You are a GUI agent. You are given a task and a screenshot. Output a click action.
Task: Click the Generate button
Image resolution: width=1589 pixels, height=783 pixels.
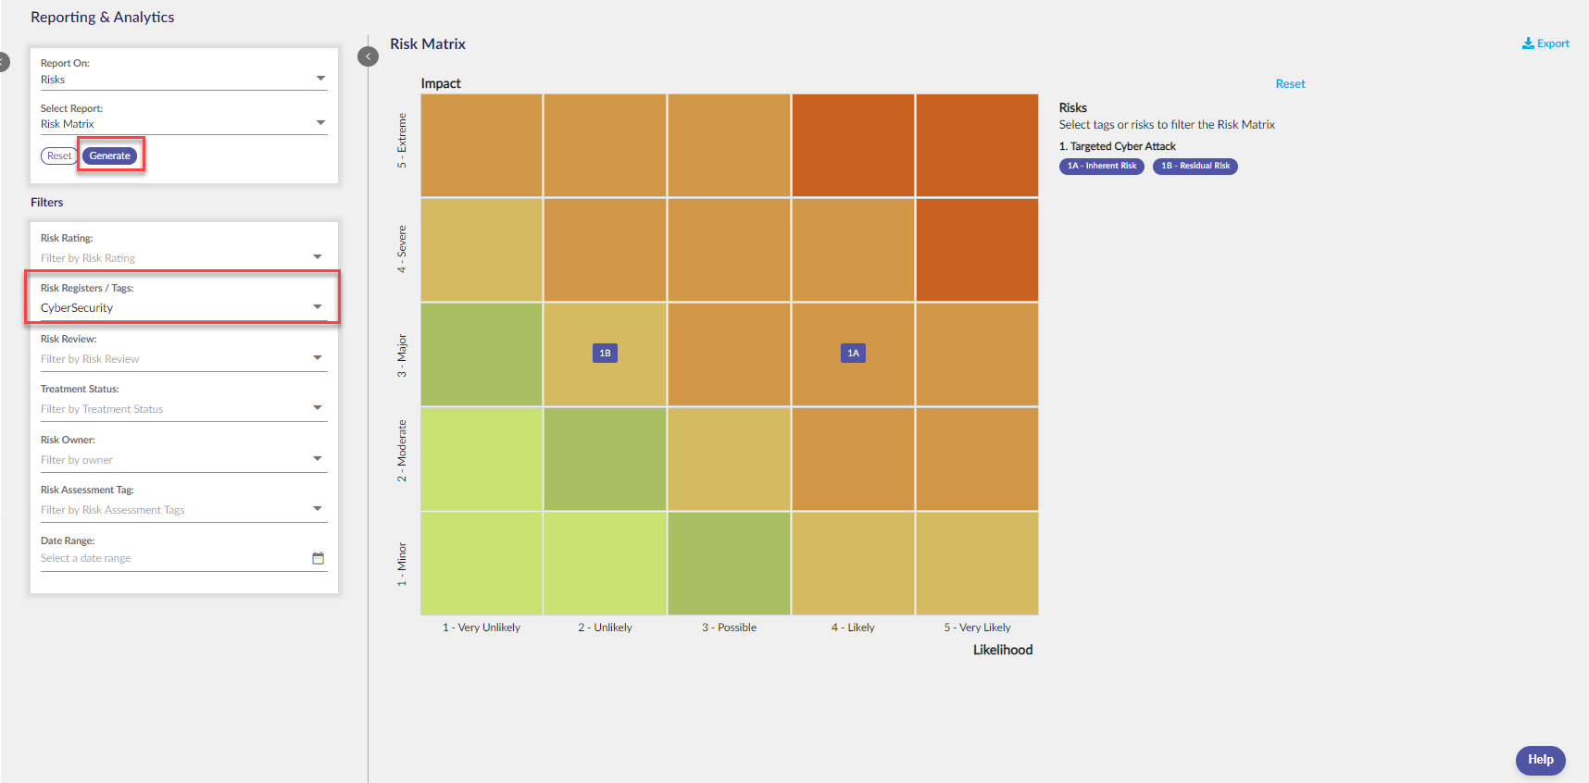click(x=110, y=155)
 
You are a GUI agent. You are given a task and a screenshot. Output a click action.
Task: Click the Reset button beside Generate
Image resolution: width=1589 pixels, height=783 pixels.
click(x=59, y=155)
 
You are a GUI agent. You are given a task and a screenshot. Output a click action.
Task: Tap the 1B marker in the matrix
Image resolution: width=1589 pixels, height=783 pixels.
click(x=605, y=353)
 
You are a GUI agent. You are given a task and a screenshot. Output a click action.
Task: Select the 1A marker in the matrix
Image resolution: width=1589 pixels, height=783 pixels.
click(x=853, y=353)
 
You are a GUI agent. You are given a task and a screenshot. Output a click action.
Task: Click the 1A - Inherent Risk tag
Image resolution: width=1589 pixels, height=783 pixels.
click(x=1102, y=166)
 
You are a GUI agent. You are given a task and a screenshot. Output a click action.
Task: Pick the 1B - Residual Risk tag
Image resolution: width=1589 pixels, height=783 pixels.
click(x=1195, y=166)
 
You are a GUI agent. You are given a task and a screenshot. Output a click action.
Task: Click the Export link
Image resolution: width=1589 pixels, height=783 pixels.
click(x=1545, y=43)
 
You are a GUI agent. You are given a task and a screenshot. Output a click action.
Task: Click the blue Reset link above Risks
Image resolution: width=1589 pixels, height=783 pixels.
click(x=1290, y=84)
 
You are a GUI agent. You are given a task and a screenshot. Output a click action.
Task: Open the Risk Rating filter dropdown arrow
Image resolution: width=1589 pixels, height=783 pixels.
click(x=318, y=256)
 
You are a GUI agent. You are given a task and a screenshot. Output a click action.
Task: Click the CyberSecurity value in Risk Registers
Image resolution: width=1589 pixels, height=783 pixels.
click(x=77, y=308)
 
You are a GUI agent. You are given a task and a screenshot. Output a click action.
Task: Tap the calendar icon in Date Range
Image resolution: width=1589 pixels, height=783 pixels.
click(x=319, y=558)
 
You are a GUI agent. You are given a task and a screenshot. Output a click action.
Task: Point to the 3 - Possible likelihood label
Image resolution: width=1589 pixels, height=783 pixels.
click(x=729, y=628)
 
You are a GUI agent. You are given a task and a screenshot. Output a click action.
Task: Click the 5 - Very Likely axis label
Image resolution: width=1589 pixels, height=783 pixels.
click(x=977, y=628)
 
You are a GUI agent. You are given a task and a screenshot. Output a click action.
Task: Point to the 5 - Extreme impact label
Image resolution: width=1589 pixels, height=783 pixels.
click(x=402, y=141)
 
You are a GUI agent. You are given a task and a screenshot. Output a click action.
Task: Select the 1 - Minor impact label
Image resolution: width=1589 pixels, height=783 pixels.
click(x=402, y=564)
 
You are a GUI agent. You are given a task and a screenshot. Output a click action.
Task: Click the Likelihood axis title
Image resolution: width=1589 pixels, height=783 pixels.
click(x=1003, y=650)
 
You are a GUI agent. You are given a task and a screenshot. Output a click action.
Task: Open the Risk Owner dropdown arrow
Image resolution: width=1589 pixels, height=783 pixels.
click(x=318, y=458)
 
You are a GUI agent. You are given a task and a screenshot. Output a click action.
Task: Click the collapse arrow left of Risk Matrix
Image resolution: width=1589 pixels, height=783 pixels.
click(x=369, y=56)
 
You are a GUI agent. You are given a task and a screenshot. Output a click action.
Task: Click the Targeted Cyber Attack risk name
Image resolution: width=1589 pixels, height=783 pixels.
click(x=1123, y=146)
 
